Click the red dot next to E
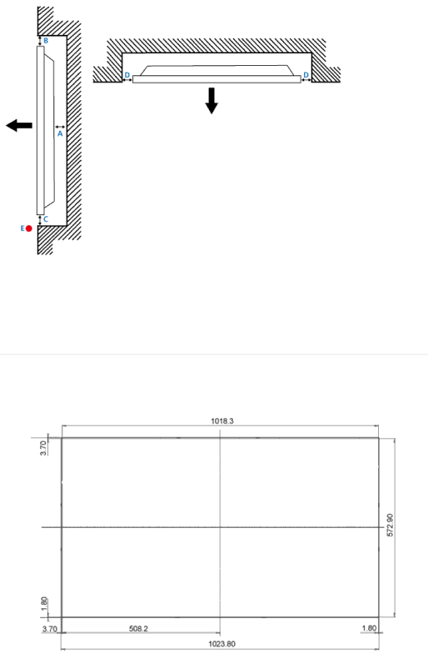[28, 229]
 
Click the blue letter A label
[60, 133]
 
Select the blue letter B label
[46, 41]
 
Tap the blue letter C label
[46, 219]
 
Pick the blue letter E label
[22, 229]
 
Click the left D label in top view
[127, 75]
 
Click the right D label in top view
[306, 75]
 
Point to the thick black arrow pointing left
[19, 125]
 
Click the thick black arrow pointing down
[212, 100]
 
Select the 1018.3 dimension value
[222, 420]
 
